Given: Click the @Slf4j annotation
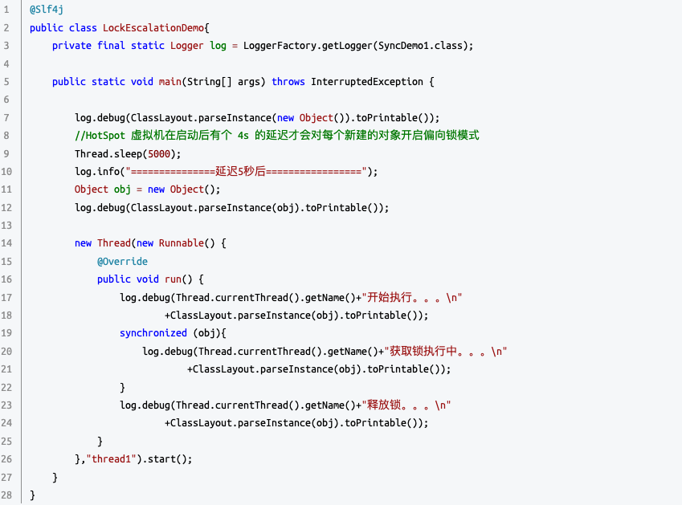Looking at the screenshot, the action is click(x=47, y=10).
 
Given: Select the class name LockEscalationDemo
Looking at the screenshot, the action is click(x=153, y=27).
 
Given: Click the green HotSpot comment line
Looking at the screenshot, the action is click(x=276, y=135).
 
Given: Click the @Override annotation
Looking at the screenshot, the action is click(x=122, y=261).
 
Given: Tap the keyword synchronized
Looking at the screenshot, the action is click(x=153, y=332).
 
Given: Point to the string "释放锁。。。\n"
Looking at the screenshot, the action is click(x=409, y=405).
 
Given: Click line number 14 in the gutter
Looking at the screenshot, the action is click(x=6, y=242).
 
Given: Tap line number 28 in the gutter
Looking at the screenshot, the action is click(x=6, y=495).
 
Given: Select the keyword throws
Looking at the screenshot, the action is click(x=288, y=82).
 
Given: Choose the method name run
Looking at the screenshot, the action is click(x=173, y=279).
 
